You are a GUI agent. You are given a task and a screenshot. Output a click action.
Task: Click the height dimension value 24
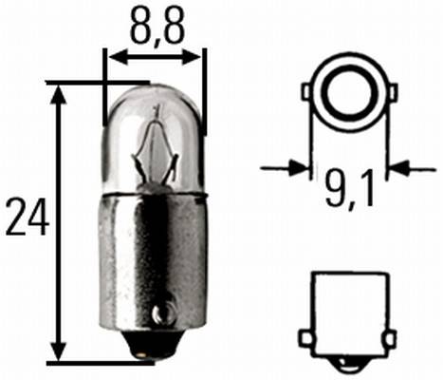(26, 218)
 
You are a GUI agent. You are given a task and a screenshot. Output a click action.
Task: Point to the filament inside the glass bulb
(155, 152)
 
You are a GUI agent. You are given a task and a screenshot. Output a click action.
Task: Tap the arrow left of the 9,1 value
(298, 168)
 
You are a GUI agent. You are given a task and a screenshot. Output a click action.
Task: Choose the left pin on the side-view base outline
(306, 337)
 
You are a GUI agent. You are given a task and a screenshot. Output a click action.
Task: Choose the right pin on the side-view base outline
(389, 337)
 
